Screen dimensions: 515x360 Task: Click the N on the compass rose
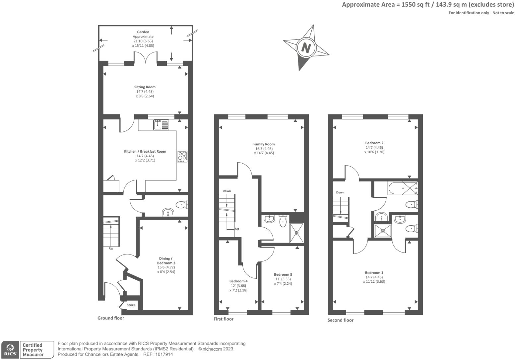pyautogui.click(x=306, y=48)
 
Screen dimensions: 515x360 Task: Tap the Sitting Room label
pyautogui.click(x=145, y=87)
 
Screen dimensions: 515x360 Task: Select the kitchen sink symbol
pyautogui.click(x=161, y=125)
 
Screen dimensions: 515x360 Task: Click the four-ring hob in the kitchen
pyautogui.click(x=182, y=156)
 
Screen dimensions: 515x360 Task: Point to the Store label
pyautogui.click(x=131, y=305)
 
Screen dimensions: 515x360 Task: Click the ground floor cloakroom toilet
pyautogui.click(x=182, y=204)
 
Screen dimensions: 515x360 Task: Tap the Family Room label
pyautogui.click(x=264, y=144)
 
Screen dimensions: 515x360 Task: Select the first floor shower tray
pyautogui.click(x=297, y=233)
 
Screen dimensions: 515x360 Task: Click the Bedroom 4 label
pyautogui.click(x=238, y=281)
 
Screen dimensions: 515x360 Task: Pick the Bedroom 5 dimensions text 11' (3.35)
pyautogui.click(x=283, y=279)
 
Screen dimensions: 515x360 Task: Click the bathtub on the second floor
pyautogui.click(x=403, y=188)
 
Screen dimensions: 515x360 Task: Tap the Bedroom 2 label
pyautogui.click(x=374, y=143)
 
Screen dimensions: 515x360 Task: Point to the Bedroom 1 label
pyautogui.click(x=374, y=273)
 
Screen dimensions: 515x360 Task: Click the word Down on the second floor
pyautogui.click(x=340, y=192)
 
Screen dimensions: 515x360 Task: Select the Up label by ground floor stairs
pyautogui.click(x=111, y=249)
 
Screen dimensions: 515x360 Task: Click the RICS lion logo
pyautogui.click(x=10, y=350)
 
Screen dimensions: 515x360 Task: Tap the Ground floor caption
pyautogui.click(x=111, y=318)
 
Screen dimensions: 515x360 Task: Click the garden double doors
pyautogui.click(x=146, y=57)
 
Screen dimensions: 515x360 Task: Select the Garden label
pyautogui.click(x=143, y=32)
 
